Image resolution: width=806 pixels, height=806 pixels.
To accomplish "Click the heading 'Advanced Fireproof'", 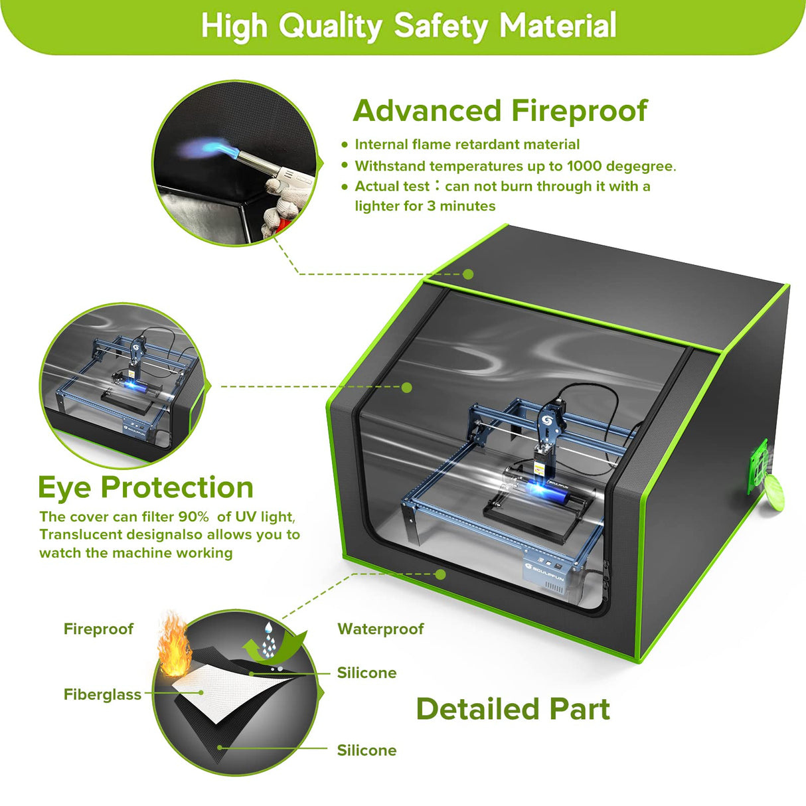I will (x=499, y=111).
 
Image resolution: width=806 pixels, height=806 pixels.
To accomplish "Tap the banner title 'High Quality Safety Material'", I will (x=408, y=27).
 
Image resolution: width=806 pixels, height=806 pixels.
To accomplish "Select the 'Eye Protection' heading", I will (x=146, y=487).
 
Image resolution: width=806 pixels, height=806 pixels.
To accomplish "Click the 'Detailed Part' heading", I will (x=513, y=709).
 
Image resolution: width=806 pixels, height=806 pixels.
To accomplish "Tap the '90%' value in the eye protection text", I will (x=193, y=517).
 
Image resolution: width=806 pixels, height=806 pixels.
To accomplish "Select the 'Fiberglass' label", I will (x=102, y=694).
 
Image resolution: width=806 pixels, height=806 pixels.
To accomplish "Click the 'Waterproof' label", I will (x=380, y=629).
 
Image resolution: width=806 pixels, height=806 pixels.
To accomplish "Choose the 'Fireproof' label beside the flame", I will (x=98, y=629).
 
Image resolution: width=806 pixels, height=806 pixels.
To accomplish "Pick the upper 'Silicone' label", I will (x=366, y=673).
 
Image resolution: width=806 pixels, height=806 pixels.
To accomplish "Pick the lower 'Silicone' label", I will (x=366, y=750).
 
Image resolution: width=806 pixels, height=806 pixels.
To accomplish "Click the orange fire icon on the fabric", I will (x=174, y=645).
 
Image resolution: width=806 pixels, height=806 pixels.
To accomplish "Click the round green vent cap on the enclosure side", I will (x=773, y=493).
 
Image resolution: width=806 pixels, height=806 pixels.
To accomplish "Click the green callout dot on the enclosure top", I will (x=468, y=274).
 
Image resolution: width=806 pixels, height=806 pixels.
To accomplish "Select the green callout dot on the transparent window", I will (x=407, y=387).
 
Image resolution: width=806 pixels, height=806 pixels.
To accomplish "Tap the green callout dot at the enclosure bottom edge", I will (x=440, y=574).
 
